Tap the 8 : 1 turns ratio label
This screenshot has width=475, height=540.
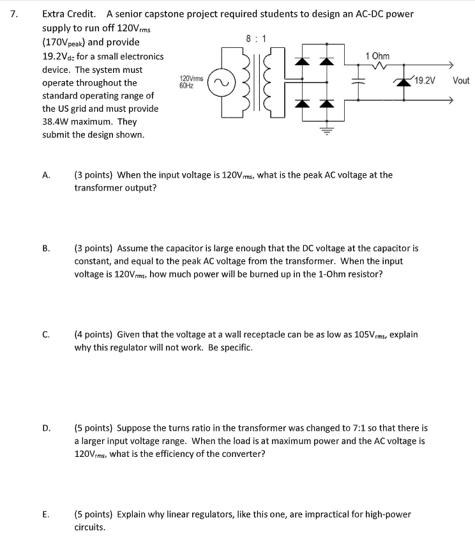[x=256, y=39]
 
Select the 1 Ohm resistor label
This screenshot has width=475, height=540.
[x=377, y=56]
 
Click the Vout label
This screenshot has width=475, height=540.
[x=460, y=81]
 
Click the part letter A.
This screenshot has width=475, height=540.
[x=46, y=175]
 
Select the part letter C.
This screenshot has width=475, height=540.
[x=46, y=335]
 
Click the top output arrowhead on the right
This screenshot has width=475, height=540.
[x=451, y=65]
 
